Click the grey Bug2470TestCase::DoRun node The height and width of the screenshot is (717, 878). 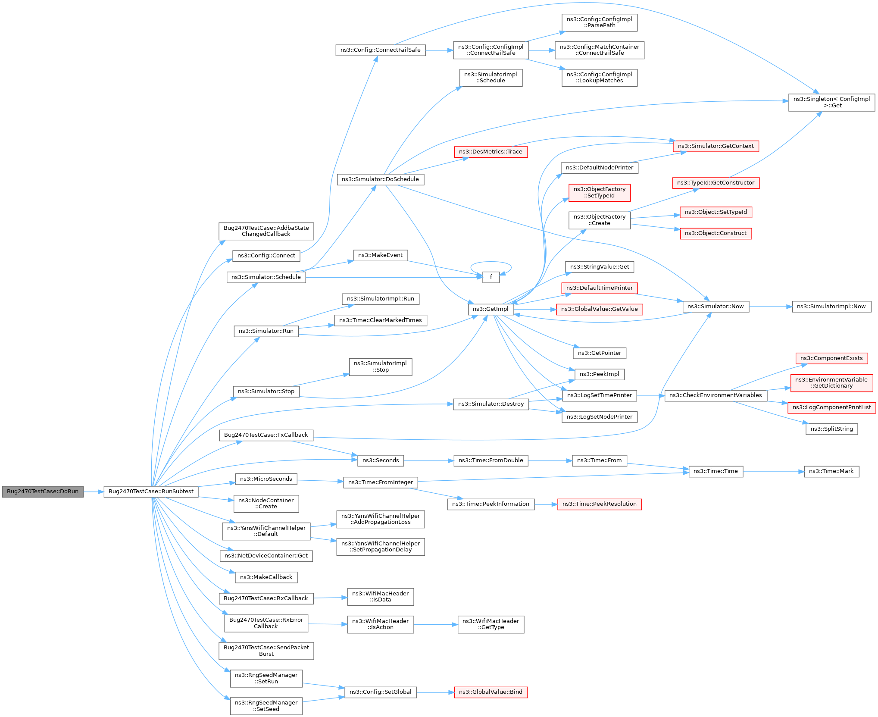[42, 492]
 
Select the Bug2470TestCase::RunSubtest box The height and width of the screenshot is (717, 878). [151, 492]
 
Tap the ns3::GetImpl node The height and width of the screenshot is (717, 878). [491, 309]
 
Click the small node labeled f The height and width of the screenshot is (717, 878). [491, 277]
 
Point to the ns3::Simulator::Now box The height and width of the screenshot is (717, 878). [716, 307]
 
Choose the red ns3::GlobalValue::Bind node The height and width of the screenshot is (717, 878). [491, 692]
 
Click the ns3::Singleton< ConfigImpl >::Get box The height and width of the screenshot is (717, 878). [831, 102]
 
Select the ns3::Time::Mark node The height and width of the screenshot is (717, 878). [831, 471]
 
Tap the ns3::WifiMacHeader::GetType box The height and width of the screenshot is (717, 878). [491, 624]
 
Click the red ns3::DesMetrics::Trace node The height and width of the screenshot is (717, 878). [491, 152]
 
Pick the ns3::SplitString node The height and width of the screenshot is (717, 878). [831, 429]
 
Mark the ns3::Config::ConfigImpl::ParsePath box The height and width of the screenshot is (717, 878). [599, 22]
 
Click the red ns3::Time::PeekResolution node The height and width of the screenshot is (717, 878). [599, 504]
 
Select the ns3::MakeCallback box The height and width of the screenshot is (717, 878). [266, 577]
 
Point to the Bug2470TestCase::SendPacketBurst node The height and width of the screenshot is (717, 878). [266, 651]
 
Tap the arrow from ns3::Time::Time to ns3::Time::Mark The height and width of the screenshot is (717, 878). [774, 471]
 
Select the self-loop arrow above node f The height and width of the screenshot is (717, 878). [491, 262]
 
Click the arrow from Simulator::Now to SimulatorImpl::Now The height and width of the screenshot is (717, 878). [771, 307]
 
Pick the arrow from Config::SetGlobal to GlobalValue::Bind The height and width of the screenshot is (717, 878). [435, 692]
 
